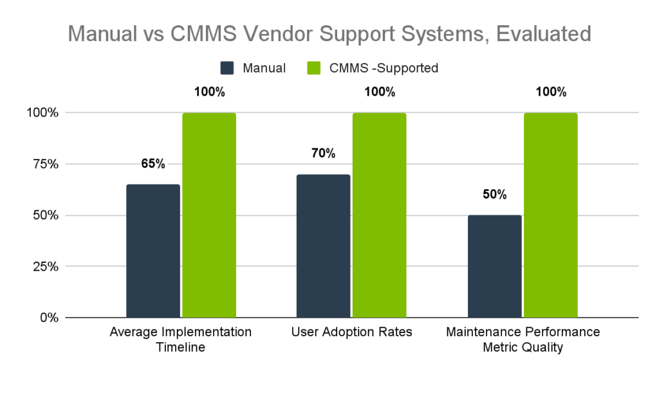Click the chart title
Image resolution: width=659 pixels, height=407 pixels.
click(x=329, y=33)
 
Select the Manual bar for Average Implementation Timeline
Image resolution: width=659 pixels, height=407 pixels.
click(x=153, y=251)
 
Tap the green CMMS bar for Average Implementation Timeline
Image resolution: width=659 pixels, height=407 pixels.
click(x=209, y=215)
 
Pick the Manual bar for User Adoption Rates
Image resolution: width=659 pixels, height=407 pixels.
click(x=323, y=246)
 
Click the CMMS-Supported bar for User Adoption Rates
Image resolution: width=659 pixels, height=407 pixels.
click(x=379, y=215)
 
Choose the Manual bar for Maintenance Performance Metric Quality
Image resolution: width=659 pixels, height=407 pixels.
click(x=494, y=266)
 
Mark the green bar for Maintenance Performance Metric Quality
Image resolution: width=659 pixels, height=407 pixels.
click(x=550, y=215)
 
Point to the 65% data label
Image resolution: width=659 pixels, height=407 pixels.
click(x=153, y=163)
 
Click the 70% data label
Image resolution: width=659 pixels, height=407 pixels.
click(x=323, y=153)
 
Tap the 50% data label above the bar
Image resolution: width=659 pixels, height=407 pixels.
click(x=494, y=194)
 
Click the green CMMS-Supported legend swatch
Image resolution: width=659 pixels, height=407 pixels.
click(x=314, y=68)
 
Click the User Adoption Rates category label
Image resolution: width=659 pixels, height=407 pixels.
click(x=351, y=332)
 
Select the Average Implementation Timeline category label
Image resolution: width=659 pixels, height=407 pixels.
click(x=181, y=339)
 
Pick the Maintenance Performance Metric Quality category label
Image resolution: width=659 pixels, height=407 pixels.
click(x=523, y=339)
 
